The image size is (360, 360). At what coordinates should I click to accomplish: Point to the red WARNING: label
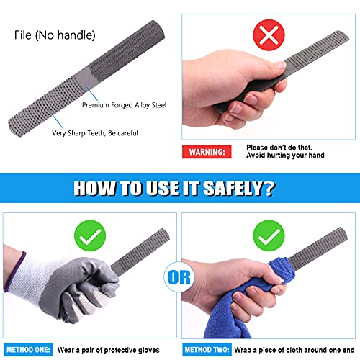pos(206,152)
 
